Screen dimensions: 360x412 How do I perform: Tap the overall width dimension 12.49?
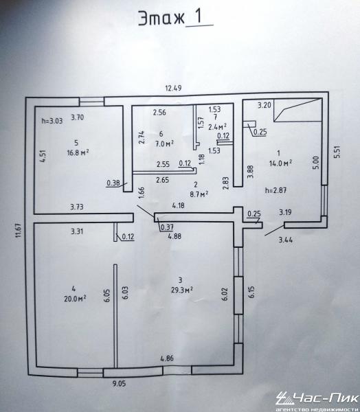[173, 88]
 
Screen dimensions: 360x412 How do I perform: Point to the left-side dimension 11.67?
[18, 230]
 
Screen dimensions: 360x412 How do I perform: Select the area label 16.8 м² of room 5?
[78, 152]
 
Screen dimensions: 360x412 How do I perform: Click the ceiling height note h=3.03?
[52, 121]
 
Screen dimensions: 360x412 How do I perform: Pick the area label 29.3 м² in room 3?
[182, 290]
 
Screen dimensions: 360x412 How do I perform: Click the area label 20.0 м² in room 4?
[75, 299]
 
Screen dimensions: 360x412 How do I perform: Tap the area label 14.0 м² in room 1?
[280, 163]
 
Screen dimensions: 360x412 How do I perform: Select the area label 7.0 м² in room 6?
[164, 144]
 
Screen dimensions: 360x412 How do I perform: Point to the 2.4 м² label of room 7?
[218, 127]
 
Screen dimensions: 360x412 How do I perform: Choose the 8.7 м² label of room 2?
[199, 194]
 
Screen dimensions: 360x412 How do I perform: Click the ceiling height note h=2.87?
[276, 190]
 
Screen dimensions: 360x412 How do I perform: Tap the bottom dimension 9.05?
[120, 384]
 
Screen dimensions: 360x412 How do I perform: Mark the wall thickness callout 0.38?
[113, 183]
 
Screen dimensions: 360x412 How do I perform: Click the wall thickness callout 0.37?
[167, 227]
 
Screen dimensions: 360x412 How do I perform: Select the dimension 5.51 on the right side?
[337, 152]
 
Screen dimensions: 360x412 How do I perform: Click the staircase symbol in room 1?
[298, 110]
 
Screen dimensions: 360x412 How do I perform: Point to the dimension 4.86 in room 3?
[167, 358]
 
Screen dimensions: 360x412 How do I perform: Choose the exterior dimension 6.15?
[251, 292]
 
